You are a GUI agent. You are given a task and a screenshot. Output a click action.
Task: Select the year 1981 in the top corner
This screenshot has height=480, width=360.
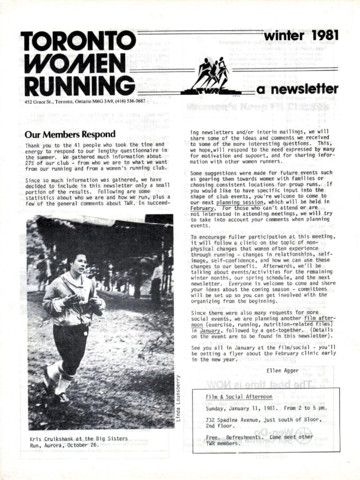point(321,36)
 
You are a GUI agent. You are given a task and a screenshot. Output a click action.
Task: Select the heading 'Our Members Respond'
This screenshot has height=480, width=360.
point(70,135)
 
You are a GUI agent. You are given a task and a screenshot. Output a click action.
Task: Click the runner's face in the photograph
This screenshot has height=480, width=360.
point(78,264)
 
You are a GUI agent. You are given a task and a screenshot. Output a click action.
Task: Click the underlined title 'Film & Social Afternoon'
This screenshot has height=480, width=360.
point(239,397)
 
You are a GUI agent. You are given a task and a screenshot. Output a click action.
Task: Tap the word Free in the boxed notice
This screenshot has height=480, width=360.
point(213,437)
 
